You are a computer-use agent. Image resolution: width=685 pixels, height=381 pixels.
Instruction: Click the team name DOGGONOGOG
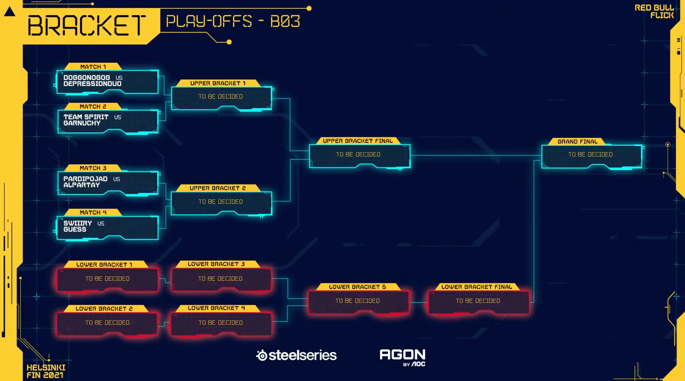click(x=86, y=78)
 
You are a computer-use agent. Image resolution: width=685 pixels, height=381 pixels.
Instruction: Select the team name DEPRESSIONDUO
click(x=92, y=84)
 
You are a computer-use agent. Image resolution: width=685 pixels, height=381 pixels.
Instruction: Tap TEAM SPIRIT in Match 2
click(x=86, y=117)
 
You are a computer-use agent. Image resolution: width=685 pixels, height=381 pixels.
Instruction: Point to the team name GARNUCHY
click(x=82, y=123)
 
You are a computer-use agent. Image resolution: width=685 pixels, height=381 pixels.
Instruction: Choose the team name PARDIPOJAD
click(x=85, y=179)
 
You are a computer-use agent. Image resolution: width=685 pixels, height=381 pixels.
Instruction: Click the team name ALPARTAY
click(x=81, y=185)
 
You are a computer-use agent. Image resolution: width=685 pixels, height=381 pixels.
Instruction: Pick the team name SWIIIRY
click(x=77, y=223)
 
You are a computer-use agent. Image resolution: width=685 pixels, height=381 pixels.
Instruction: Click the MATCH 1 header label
click(x=93, y=67)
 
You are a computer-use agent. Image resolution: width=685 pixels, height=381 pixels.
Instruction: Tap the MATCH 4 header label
click(x=93, y=212)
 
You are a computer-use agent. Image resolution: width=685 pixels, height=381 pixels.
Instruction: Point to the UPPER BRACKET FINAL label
click(x=358, y=141)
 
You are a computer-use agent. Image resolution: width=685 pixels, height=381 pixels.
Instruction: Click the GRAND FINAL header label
click(x=577, y=141)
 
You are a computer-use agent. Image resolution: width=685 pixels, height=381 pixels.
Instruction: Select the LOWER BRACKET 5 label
click(x=357, y=287)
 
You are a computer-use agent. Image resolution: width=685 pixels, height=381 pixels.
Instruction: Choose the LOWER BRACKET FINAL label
click(x=476, y=287)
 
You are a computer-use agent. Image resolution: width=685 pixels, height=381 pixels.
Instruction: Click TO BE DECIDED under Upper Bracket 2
click(x=221, y=202)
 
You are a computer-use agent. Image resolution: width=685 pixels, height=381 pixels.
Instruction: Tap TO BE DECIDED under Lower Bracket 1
click(x=107, y=278)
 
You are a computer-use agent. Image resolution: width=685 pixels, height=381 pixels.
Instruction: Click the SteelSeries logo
click(x=296, y=355)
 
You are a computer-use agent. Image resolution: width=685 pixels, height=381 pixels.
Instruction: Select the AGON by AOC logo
click(x=402, y=357)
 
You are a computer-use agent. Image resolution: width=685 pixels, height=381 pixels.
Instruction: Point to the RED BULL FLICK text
click(x=654, y=11)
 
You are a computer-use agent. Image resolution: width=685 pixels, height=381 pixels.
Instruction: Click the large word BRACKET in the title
click(x=87, y=25)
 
